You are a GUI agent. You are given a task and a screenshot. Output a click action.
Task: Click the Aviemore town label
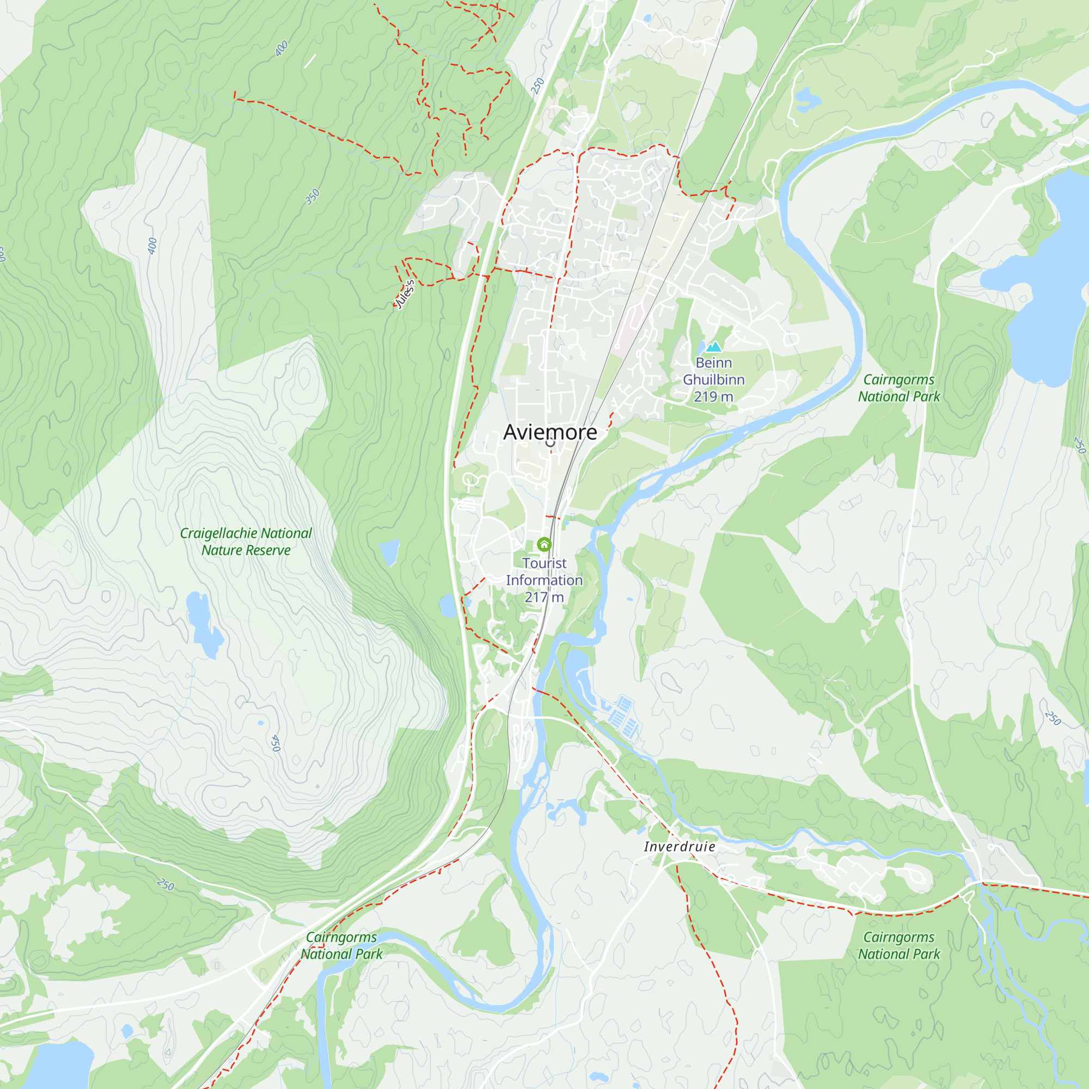(x=549, y=432)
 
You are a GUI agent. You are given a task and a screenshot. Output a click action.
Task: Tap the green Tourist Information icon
(x=544, y=544)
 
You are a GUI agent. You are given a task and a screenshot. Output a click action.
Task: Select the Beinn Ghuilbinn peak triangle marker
(x=714, y=347)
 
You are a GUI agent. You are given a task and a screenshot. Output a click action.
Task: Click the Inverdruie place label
(x=679, y=847)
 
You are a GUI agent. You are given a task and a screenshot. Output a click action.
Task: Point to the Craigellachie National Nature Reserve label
(x=246, y=541)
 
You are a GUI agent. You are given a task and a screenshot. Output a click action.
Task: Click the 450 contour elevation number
(x=276, y=743)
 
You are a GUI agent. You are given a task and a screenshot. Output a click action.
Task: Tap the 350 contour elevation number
(x=312, y=197)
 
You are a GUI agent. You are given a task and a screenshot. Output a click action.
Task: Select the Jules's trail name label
(x=405, y=294)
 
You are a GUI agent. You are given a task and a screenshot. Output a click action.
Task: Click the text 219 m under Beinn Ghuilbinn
(x=713, y=397)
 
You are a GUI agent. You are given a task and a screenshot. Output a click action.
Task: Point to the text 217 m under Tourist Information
(x=544, y=597)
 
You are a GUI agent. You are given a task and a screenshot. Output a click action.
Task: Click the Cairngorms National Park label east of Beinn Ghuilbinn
(x=898, y=388)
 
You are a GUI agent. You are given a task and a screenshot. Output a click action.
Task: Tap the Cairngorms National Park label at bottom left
(x=341, y=945)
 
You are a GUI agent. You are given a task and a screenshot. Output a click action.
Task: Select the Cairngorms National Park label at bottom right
(x=898, y=945)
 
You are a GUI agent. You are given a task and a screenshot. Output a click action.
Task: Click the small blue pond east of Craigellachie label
(x=389, y=552)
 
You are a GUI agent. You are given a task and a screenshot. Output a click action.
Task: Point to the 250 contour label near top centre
(x=537, y=85)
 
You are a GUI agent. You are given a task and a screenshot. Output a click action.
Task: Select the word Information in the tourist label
(x=544, y=580)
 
